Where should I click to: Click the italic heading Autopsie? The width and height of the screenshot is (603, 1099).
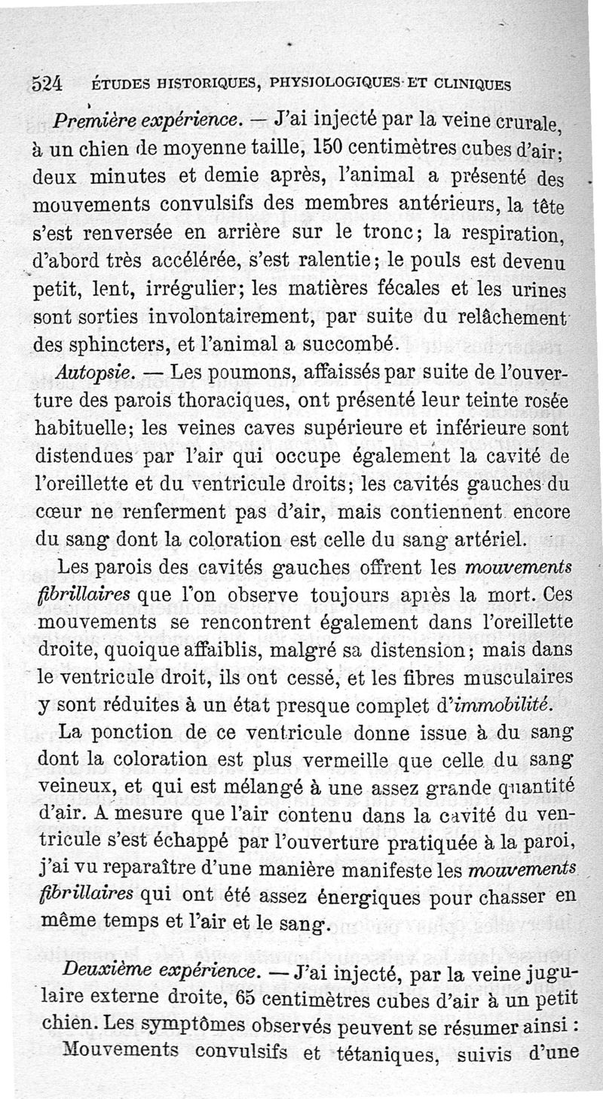(x=95, y=372)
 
